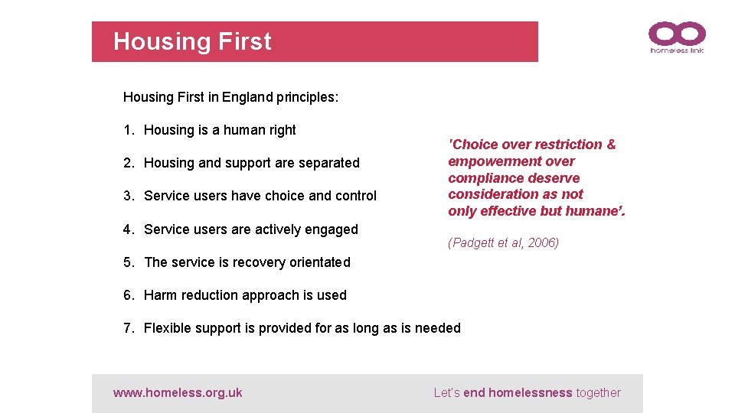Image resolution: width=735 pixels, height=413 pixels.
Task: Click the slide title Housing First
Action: (192, 41)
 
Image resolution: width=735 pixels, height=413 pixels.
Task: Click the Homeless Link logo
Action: (676, 37)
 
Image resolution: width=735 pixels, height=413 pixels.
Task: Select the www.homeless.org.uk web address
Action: (178, 393)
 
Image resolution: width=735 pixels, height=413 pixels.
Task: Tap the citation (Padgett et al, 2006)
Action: (503, 243)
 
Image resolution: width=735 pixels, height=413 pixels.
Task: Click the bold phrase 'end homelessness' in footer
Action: (518, 393)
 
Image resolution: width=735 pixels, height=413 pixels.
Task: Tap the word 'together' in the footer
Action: (598, 393)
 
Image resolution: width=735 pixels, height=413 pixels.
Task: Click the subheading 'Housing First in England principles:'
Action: (230, 97)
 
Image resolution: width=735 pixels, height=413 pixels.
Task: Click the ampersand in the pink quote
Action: (610, 145)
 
